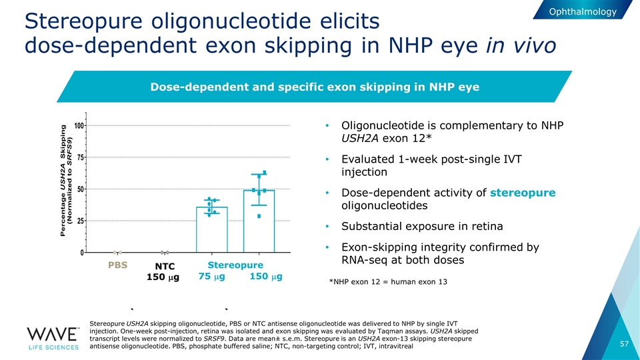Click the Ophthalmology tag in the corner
click(584, 11)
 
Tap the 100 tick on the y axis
click(79, 126)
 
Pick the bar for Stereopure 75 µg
click(212, 229)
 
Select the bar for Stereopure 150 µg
click(259, 221)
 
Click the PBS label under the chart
click(117, 266)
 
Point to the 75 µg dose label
click(211, 277)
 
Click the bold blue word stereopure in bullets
click(523, 193)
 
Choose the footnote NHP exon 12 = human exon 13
click(388, 282)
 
